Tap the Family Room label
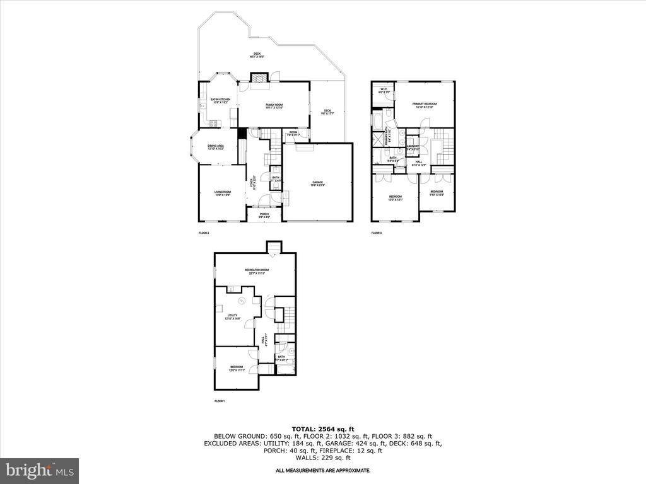(x=274, y=107)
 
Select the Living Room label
(x=222, y=193)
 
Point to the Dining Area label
(x=216, y=147)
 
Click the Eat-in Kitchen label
(x=220, y=101)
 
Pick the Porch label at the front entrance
(x=264, y=215)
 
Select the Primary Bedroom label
(x=425, y=105)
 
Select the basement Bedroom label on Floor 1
(x=237, y=368)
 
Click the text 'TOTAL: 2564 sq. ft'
(x=322, y=429)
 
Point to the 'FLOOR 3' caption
(x=377, y=233)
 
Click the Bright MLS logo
(x=39, y=470)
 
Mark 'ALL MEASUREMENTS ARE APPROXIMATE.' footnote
(x=322, y=471)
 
